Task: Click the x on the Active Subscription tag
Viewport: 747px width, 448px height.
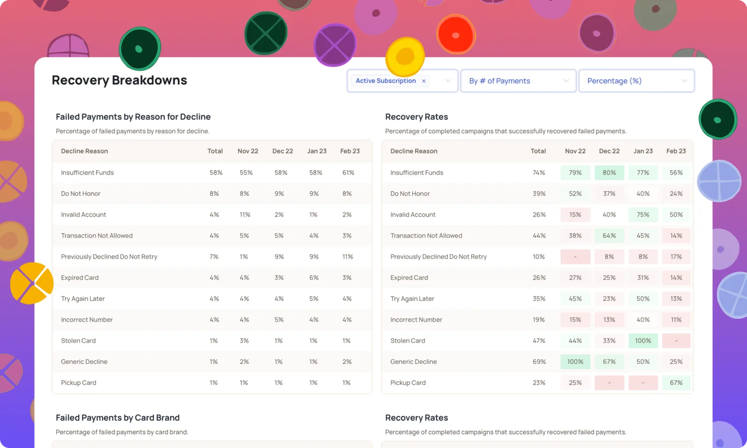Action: click(x=423, y=81)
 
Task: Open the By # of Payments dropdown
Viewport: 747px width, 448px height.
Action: click(x=518, y=81)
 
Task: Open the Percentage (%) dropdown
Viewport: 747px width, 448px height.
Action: click(x=636, y=81)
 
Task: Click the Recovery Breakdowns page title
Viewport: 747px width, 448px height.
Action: click(x=120, y=80)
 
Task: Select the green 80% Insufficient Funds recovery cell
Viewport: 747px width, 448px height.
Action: click(x=609, y=173)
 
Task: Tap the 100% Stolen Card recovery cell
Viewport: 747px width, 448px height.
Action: click(x=643, y=341)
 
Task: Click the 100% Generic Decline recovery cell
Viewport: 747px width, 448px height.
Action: click(x=575, y=362)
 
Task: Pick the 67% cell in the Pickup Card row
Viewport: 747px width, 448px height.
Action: click(x=676, y=383)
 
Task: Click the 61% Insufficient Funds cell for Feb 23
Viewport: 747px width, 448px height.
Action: click(x=348, y=173)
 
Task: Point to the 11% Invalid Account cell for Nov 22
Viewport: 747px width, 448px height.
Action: click(x=245, y=215)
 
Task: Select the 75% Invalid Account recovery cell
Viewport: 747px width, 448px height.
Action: click(x=643, y=215)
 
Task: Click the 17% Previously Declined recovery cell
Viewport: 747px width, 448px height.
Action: click(x=676, y=257)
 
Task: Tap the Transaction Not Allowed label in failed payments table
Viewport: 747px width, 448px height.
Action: click(x=97, y=236)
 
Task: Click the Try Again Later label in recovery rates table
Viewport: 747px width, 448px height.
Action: click(x=412, y=299)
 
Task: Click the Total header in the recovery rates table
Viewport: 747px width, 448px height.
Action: click(x=538, y=151)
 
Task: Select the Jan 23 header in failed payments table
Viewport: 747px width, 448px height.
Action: click(x=317, y=151)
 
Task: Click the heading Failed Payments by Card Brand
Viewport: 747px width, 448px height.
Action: click(x=118, y=418)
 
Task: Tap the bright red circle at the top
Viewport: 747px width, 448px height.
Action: click(x=456, y=35)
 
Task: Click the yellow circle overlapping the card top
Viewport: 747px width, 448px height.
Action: click(x=405, y=56)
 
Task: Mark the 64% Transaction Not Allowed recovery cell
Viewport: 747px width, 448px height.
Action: click(x=609, y=236)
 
